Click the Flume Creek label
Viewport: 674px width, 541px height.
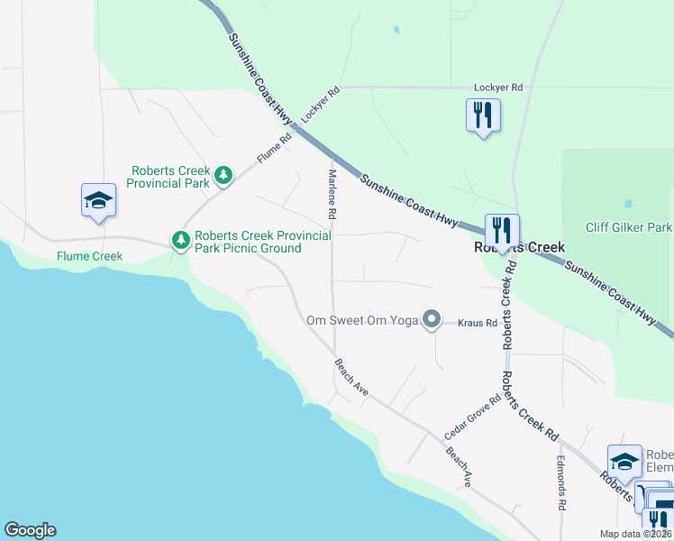coord(89,256)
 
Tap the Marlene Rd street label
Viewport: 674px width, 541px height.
coord(332,195)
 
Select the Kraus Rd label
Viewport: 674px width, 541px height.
coord(478,323)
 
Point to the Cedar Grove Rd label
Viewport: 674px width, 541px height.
coord(483,416)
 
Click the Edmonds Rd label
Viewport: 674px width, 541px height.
coord(560,485)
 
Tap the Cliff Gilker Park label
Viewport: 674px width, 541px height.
coord(628,228)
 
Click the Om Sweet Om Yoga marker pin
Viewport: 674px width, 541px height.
coord(432,319)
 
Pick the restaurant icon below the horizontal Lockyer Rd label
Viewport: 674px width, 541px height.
coord(483,115)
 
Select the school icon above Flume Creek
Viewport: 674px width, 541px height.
coord(97,200)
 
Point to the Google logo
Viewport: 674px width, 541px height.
coord(30,530)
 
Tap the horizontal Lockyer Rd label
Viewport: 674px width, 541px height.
coord(498,87)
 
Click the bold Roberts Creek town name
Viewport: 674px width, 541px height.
coord(520,247)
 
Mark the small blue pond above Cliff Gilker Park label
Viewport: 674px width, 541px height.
coord(627,203)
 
